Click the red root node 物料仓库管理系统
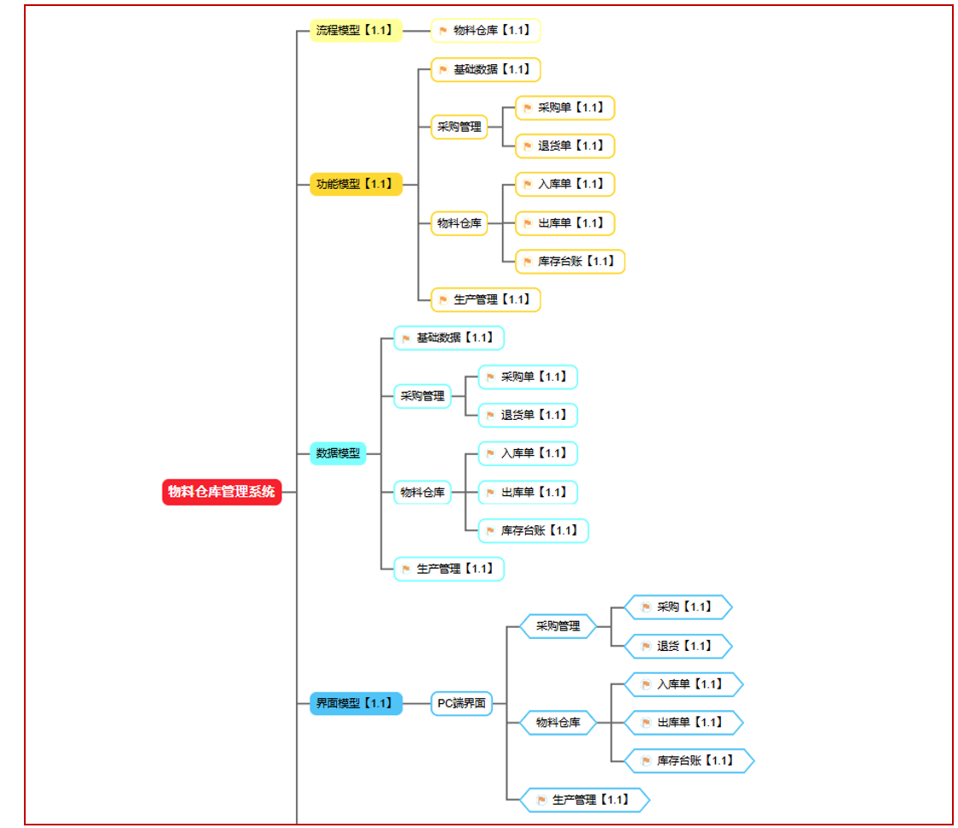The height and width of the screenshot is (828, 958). click(x=222, y=492)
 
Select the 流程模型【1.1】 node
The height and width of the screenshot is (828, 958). click(x=356, y=31)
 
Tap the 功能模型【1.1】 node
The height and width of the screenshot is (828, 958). click(x=356, y=184)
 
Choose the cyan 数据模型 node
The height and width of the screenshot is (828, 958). click(x=338, y=453)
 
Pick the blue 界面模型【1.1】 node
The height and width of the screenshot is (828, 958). click(x=356, y=703)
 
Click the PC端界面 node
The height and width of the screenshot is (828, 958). click(x=461, y=703)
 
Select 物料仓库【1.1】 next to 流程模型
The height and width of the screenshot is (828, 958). click(x=486, y=31)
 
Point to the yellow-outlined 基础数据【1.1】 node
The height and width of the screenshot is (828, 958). click(x=486, y=69)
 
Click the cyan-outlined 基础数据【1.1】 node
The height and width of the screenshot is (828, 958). click(x=449, y=338)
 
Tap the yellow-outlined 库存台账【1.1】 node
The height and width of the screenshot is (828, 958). click(x=570, y=262)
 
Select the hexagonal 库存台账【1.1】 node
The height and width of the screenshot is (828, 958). click(x=689, y=760)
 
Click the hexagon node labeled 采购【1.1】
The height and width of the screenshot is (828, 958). click(x=678, y=607)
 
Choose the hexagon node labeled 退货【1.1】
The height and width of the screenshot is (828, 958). click(x=678, y=646)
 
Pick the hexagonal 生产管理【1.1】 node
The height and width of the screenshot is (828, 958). click(x=585, y=800)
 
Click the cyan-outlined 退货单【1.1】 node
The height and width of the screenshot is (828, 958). click(x=528, y=416)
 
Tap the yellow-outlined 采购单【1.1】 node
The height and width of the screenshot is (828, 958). click(x=565, y=108)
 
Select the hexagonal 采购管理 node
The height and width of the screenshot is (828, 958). click(x=558, y=626)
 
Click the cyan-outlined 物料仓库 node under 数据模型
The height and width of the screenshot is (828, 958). click(x=423, y=493)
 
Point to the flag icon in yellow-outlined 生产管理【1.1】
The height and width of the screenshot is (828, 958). click(x=444, y=300)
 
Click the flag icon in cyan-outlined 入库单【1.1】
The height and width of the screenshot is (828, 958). click(x=490, y=453)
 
